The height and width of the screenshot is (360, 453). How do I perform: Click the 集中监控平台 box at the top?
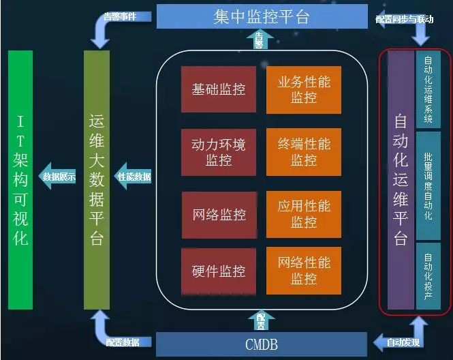click(x=262, y=16)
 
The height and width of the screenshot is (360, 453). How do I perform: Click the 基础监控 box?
click(x=219, y=89)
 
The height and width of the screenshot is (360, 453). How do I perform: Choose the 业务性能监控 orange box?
click(x=303, y=89)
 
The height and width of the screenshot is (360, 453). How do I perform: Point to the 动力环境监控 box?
click(x=219, y=152)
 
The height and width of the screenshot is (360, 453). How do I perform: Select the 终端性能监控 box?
click(x=303, y=152)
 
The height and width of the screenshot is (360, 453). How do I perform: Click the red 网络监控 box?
click(x=219, y=214)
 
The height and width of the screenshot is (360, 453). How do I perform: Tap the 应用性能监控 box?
click(x=303, y=214)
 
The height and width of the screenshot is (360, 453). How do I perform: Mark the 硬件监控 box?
click(x=219, y=271)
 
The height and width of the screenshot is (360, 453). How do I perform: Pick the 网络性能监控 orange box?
click(x=303, y=271)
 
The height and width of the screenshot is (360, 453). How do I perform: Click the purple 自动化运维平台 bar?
click(x=401, y=181)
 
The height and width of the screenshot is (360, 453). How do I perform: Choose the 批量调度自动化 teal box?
click(x=428, y=185)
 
